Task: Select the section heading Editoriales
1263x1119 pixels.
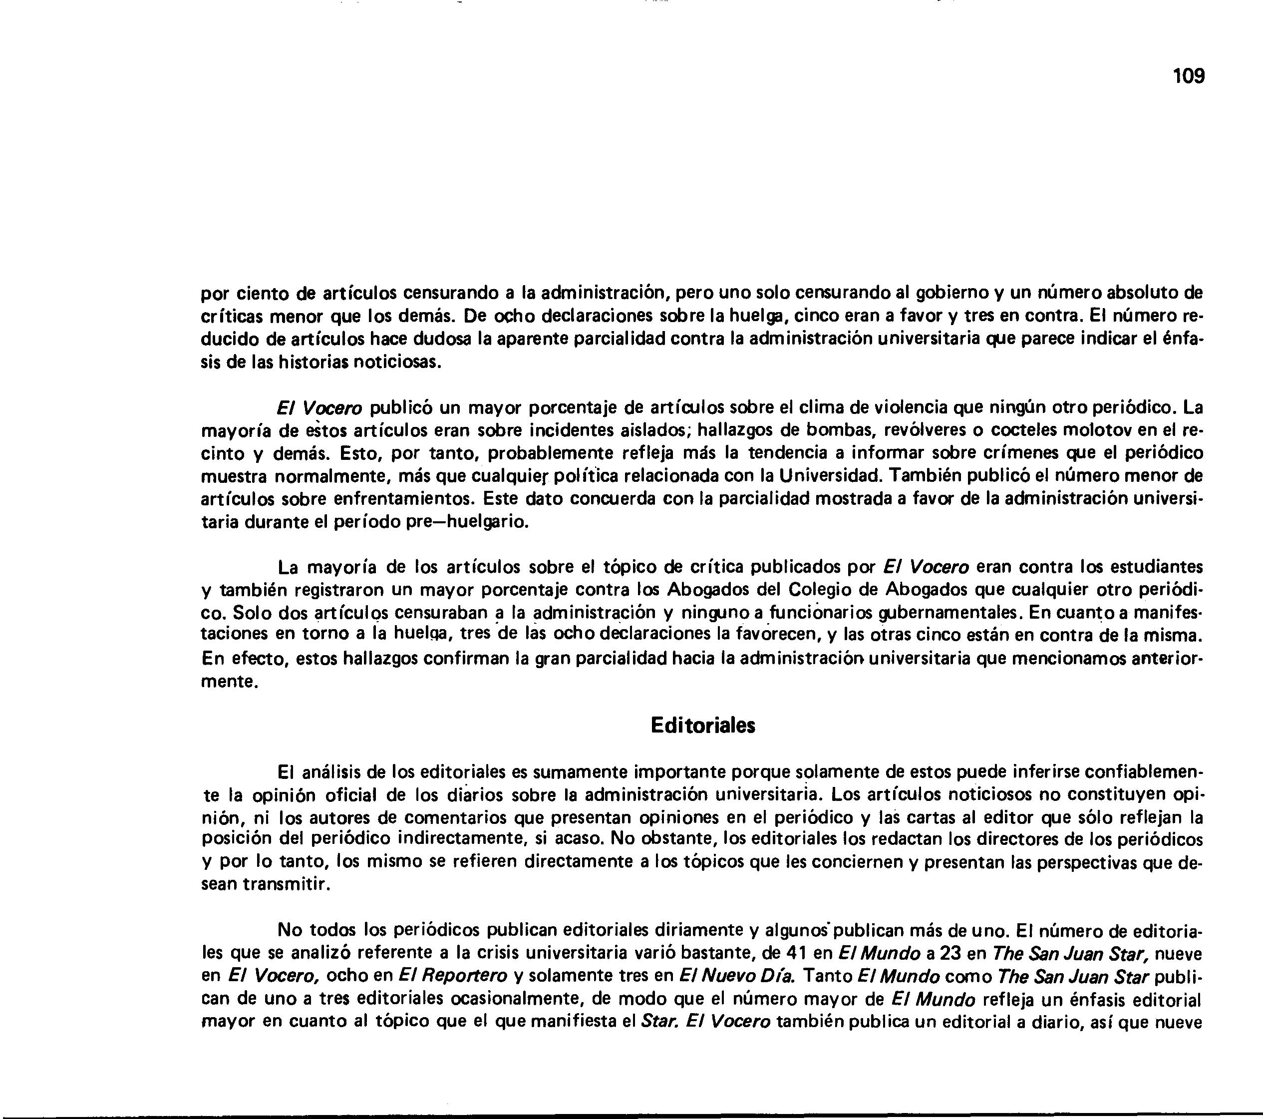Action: pos(703,726)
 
